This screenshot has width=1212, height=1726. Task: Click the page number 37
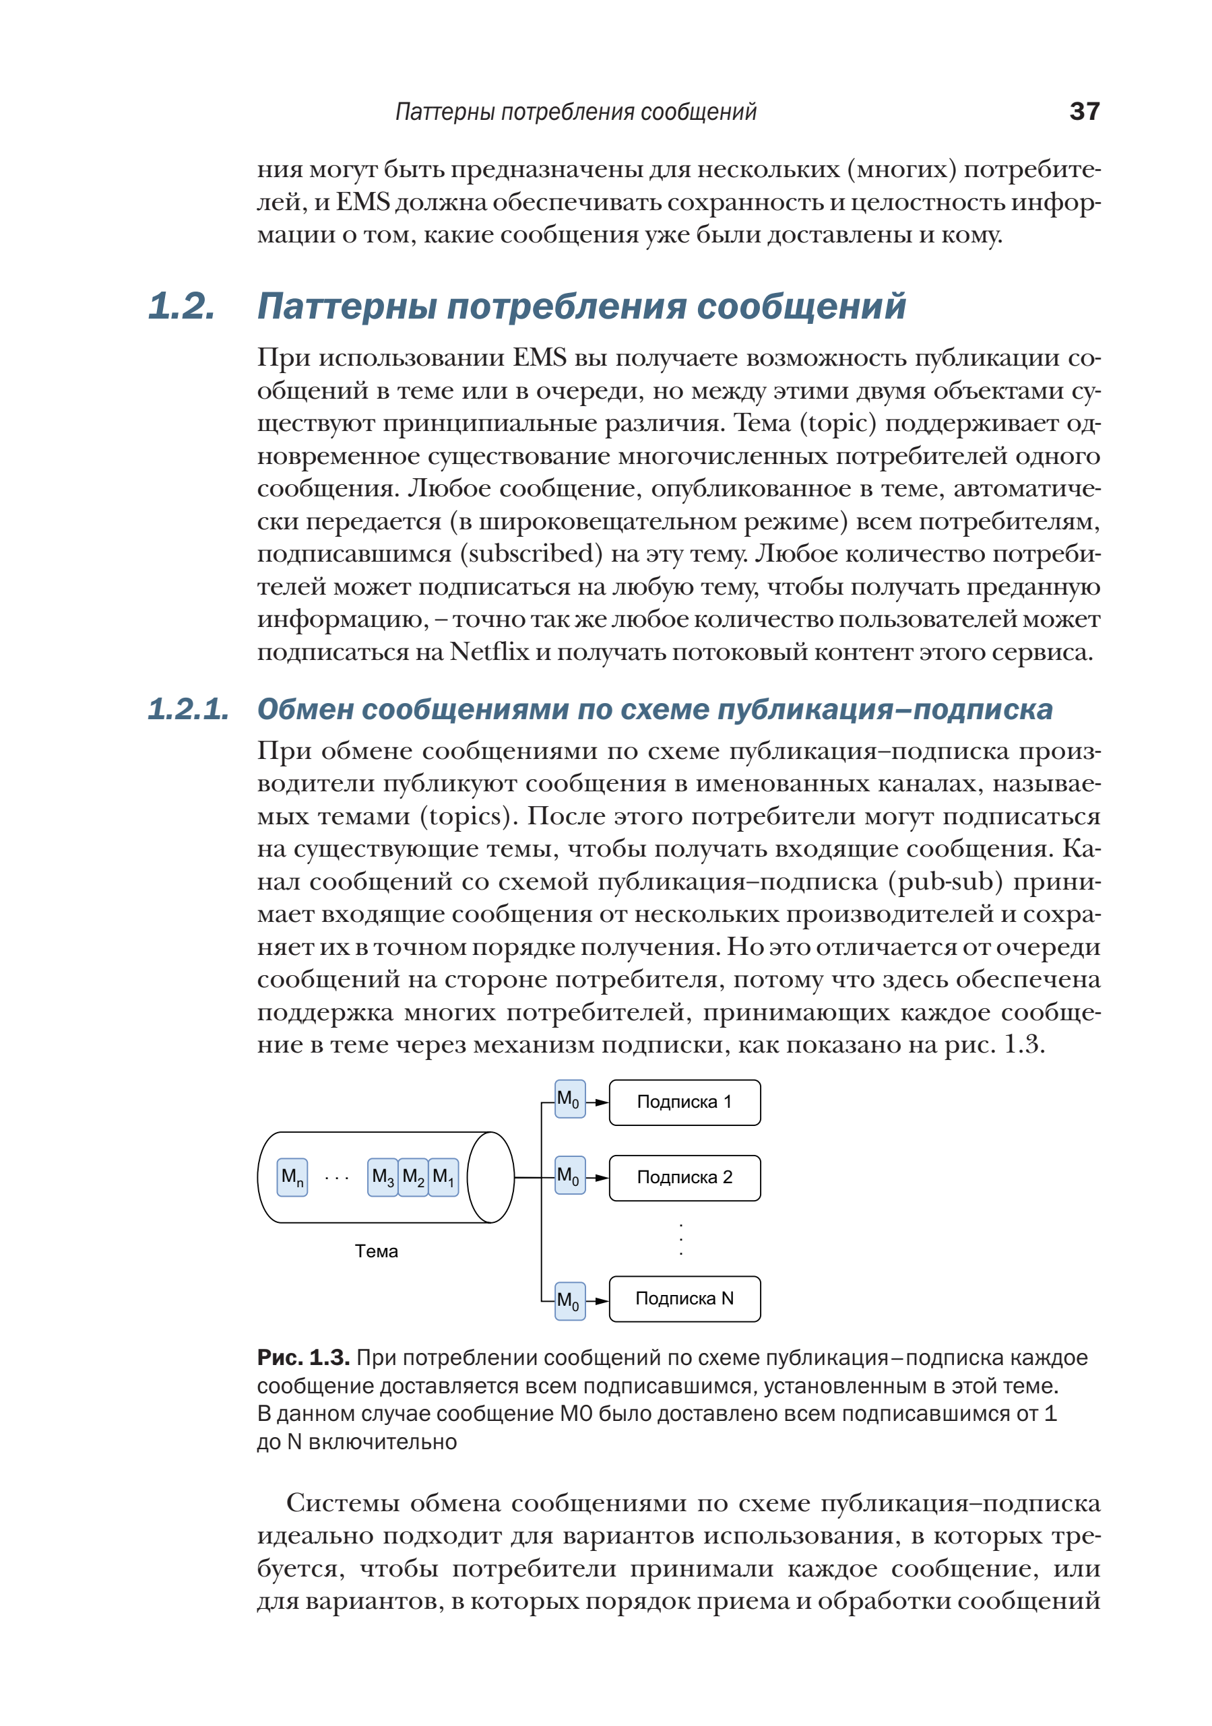1083,111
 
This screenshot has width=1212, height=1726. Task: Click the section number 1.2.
181,306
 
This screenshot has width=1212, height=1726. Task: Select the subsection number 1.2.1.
188,709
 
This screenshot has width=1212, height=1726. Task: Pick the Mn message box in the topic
292,1176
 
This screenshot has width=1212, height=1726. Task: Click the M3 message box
383,1176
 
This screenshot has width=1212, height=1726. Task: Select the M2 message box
413,1176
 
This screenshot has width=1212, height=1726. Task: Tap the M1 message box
443,1176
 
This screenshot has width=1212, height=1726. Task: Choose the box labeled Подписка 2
684,1177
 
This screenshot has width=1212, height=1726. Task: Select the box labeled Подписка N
684,1298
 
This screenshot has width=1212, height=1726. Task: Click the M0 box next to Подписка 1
569,1099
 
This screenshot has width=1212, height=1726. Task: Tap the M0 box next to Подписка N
569,1300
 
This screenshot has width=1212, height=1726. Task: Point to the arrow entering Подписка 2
598,1178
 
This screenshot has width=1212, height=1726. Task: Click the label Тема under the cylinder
376,1251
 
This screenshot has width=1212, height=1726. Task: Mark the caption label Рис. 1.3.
303,1358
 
